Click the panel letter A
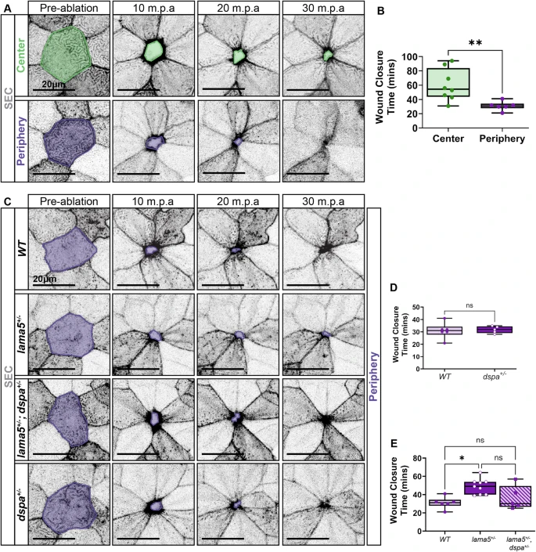coord(7,8)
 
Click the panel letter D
coord(394,287)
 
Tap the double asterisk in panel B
coord(475,43)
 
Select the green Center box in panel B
coord(448,82)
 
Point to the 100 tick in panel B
coord(409,57)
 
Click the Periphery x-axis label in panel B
coord(502,139)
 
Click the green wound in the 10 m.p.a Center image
coord(154,51)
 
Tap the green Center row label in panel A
coord(21,56)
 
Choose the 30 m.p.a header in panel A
coord(323,8)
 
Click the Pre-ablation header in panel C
coord(69,201)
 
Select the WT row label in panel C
coord(22,248)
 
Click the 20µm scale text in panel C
coord(45,279)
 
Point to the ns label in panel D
coord(469,305)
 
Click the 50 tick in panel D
coord(416,308)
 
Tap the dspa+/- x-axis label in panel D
coord(495,376)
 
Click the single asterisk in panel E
coord(462,458)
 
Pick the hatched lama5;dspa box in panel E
coord(515,496)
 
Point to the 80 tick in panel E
coord(417,458)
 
